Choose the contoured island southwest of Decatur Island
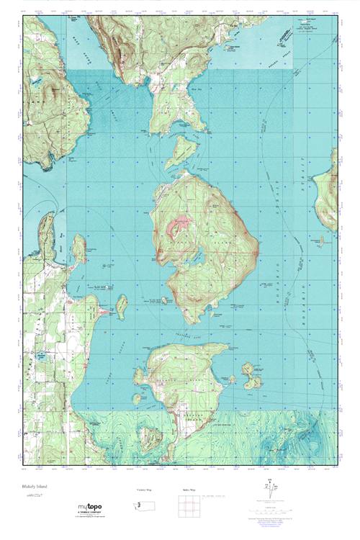[150, 435]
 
